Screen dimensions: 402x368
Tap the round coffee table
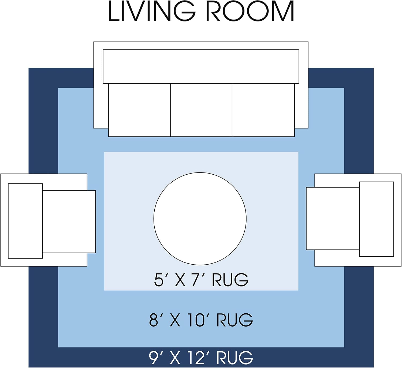tap(200, 219)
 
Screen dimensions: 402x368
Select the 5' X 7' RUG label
tap(201, 280)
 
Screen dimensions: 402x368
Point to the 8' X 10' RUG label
tap(201, 320)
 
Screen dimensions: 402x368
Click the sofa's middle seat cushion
tap(201, 110)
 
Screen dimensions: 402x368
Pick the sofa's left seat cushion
tap(139, 110)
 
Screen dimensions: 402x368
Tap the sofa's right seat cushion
tap(263, 110)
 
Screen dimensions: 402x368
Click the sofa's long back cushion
tap(201, 66)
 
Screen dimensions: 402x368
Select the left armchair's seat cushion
tap(69, 221)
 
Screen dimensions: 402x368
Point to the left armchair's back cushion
tap(25, 221)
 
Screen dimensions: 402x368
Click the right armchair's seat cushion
tap(333, 219)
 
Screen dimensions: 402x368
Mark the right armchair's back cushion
tap(377, 219)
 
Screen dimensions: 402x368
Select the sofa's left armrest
tap(101, 106)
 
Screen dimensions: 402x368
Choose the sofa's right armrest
tap(301, 106)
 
